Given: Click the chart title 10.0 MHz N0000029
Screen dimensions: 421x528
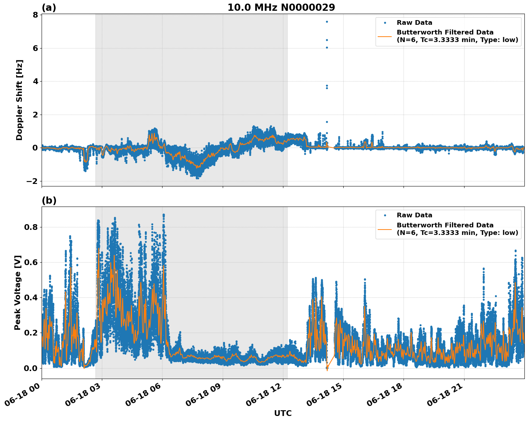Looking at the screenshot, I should [x=281, y=8].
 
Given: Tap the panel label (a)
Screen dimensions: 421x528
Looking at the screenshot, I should [x=49, y=8].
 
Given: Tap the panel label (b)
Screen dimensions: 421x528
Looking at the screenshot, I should [x=49, y=200].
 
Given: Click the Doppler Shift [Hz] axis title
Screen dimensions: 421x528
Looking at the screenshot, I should [x=19, y=100].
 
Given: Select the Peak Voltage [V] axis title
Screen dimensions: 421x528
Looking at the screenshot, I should [x=18, y=292].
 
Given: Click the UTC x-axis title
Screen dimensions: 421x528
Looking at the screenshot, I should [x=283, y=413].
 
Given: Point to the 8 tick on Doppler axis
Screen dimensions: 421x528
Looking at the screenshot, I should [x=35, y=15].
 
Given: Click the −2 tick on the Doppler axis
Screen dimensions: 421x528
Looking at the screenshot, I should [x=32, y=181].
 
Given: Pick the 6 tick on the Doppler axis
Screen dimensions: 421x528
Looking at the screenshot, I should [x=35, y=48].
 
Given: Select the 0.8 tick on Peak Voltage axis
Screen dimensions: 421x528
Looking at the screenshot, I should [x=31, y=227].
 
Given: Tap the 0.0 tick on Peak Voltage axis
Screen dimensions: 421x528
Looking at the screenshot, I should [x=31, y=368].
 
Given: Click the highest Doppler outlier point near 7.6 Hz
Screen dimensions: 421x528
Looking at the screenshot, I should [x=327, y=22].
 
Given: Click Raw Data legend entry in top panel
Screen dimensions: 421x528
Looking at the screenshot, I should [x=414, y=23].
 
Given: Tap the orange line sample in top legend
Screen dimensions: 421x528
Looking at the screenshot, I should [x=385, y=36].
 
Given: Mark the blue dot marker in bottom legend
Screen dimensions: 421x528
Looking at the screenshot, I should [x=385, y=216].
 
